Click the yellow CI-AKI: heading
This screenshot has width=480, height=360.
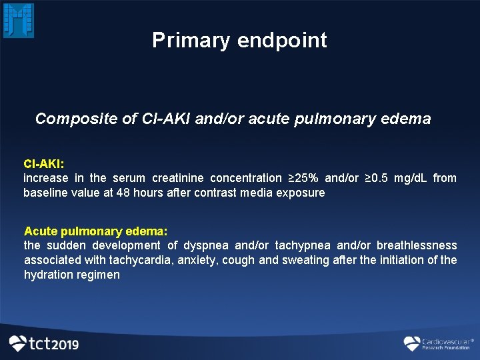pos(43,164)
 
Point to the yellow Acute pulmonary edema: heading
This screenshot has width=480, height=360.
pos(95,231)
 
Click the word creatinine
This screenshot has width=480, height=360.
pos(179,178)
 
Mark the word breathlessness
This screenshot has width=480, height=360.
pos(417,246)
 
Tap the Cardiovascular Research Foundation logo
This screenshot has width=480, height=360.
pos(437,343)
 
